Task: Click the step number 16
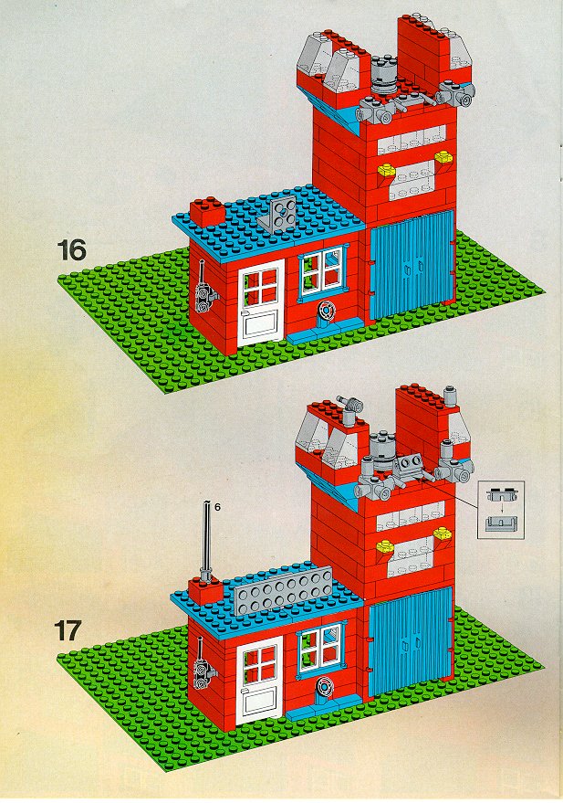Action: tap(71, 249)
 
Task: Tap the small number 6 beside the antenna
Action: tap(217, 507)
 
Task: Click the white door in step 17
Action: tap(260, 680)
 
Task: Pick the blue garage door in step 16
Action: tap(412, 263)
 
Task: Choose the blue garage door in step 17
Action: tap(410, 640)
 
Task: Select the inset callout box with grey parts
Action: tap(501, 510)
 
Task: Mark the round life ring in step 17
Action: tap(323, 686)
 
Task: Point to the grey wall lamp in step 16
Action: tap(204, 293)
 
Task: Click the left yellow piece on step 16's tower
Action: tap(388, 171)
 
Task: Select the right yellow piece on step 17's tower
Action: tap(443, 534)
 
